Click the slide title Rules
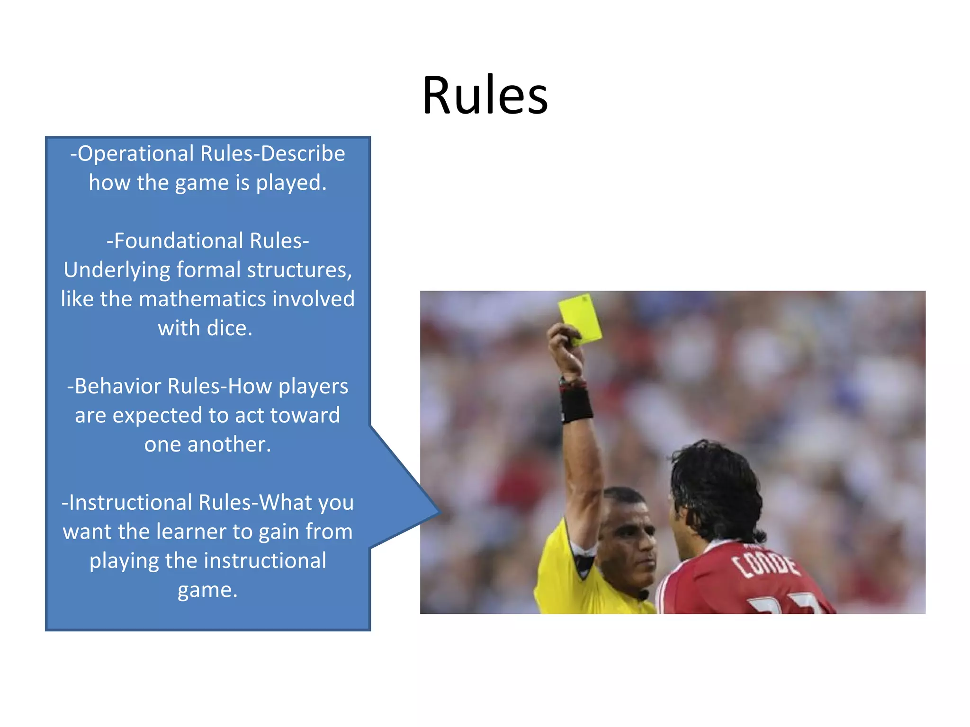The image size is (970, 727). (485, 96)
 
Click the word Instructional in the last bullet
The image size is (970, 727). (130, 503)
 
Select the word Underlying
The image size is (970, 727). (117, 270)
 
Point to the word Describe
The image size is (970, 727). (303, 154)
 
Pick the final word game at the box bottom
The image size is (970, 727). (207, 590)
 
